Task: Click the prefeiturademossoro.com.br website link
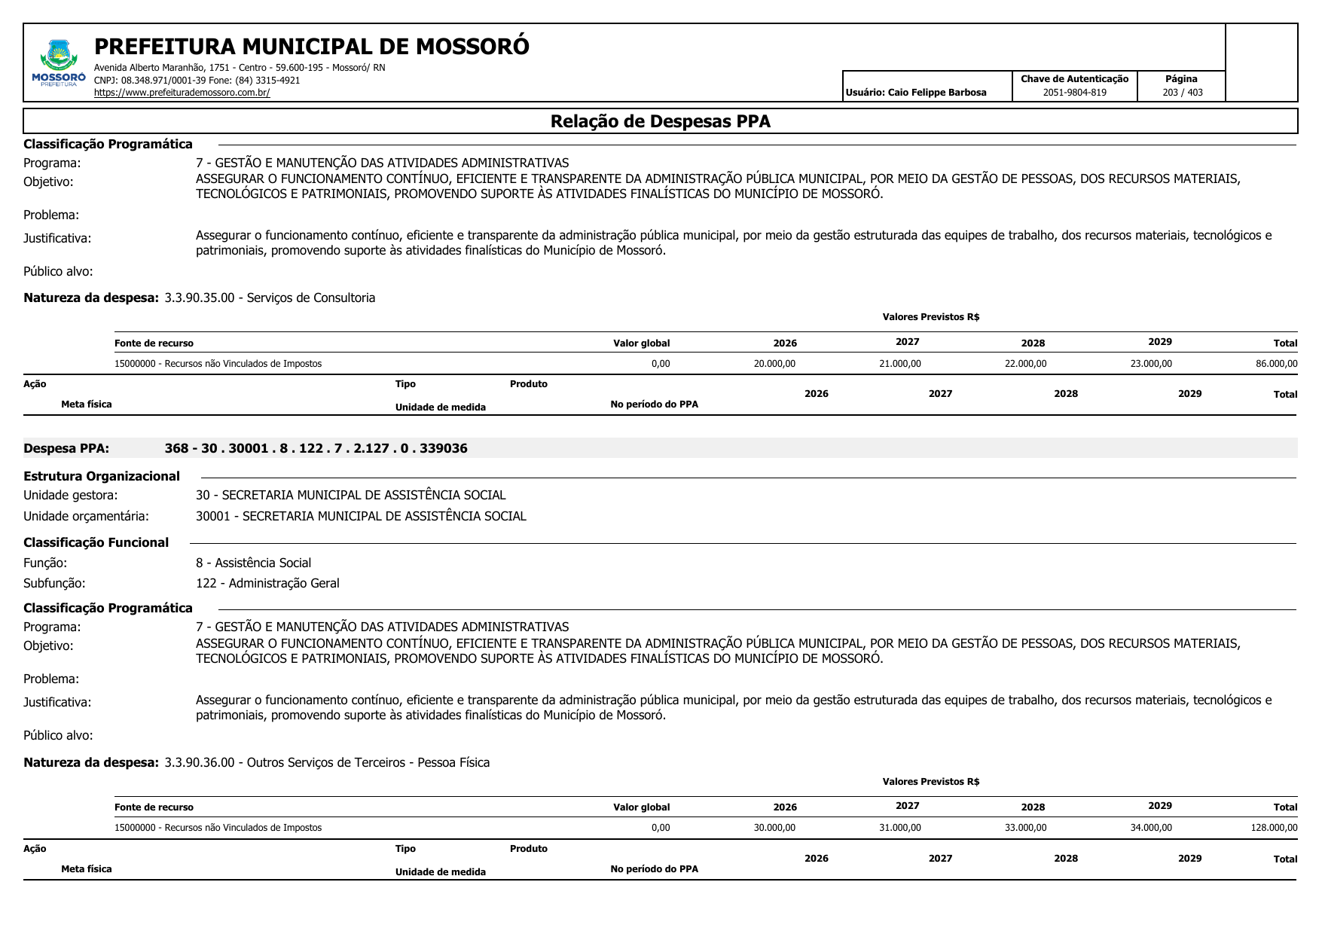pos(182,93)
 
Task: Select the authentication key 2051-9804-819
pos(1074,93)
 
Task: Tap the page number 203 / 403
pos(1182,93)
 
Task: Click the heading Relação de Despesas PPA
pos(660,121)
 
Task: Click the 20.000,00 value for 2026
pos(774,364)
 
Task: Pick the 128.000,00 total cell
pos(1274,828)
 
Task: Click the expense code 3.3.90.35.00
pos(200,298)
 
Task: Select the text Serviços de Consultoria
pos(311,298)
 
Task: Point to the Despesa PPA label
pos(66,449)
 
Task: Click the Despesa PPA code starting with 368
pos(316,449)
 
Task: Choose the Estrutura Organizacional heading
pos(102,476)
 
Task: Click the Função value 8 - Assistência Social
pos(253,563)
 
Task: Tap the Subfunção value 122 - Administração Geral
pos(267,583)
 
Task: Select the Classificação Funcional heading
pos(96,542)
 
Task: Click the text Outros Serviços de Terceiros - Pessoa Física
pos(368,762)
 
